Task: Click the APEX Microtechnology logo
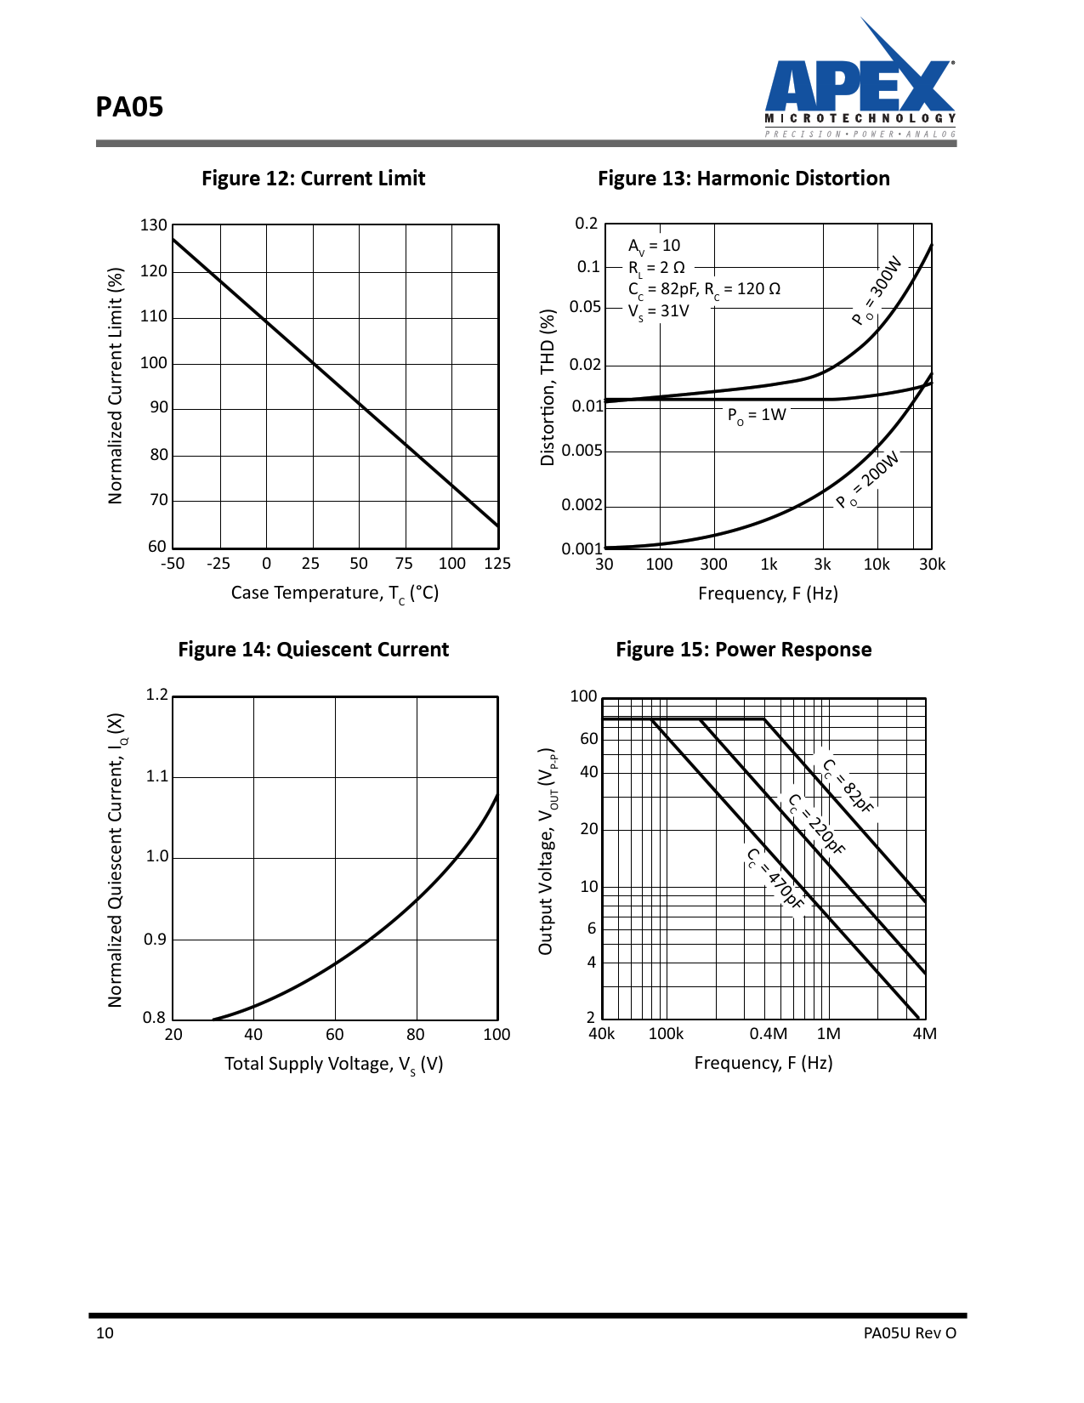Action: pos(860,81)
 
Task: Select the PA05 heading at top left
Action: pos(129,107)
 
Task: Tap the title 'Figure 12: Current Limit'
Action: pos(313,179)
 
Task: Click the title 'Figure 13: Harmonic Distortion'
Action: pos(743,179)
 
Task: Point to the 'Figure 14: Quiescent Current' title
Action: pos(313,650)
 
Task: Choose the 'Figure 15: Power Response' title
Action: pos(743,650)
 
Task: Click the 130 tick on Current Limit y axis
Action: pos(154,225)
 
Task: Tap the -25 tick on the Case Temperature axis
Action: pos(219,564)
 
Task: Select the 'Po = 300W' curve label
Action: pos(877,290)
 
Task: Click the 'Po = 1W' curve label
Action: pos(757,415)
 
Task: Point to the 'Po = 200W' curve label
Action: pos(867,480)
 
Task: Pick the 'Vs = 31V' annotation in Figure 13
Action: pos(659,311)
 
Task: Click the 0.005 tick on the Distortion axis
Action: pos(582,451)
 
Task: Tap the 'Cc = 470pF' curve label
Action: pos(775,879)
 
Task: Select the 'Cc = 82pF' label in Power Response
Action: pos(848,786)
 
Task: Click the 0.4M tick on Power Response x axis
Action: pos(768,1034)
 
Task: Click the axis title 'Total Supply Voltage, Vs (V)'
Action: pos(333,1065)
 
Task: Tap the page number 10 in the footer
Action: pos(105,1333)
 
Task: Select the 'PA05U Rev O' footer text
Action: pos(910,1333)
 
